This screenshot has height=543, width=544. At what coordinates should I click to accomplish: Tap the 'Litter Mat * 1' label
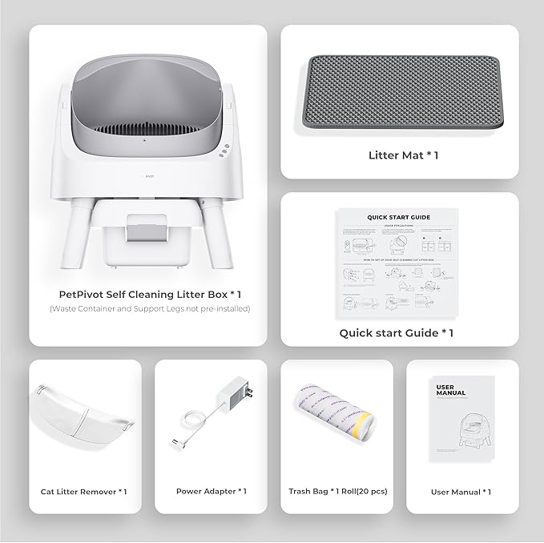402,155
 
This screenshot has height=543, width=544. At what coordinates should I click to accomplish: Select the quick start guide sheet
399,264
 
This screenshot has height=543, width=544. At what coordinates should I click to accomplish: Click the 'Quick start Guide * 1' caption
397,332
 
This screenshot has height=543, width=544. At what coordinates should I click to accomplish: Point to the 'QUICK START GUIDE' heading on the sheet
399,217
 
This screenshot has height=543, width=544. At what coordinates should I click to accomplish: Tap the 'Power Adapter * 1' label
211,491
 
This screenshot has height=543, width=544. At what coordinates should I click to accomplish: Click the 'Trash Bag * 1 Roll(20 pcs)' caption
337,491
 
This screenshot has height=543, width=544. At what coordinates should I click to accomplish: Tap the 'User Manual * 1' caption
461,492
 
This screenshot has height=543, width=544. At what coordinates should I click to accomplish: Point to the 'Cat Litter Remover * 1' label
84,492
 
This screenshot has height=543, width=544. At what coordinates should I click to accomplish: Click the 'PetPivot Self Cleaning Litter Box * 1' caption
148,294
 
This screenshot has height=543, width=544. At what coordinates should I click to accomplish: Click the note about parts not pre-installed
148,308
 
